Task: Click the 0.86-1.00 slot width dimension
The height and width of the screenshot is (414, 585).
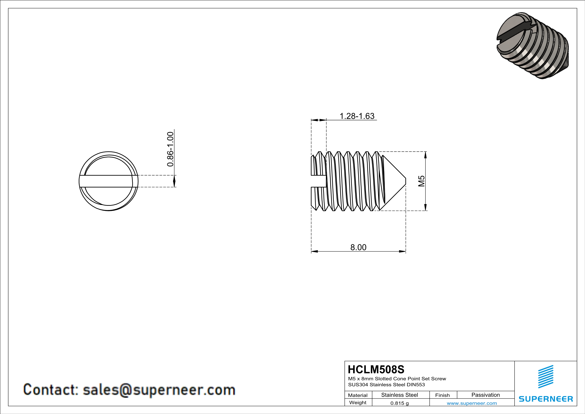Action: pyautogui.click(x=170, y=149)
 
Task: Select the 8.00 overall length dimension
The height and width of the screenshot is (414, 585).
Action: pyautogui.click(x=358, y=247)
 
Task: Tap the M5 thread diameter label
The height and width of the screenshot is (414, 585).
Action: pyautogui.click(x=422, y=181)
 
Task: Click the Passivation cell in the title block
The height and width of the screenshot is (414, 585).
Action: pyautogui.click(x=485, y=395)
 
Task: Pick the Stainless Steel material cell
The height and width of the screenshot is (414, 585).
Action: pyautogui.click(x=400, y=395)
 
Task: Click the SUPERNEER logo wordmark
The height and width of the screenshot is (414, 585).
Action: pyautogui.click(x=546, y=399)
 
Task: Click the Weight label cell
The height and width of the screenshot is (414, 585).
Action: pyautogui.click(x=358, y=402)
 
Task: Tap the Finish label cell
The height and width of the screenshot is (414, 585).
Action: pyautogui.click(x=442, y=395)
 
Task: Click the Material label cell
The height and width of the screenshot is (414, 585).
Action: pyautogui.click(x=358, y=395)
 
